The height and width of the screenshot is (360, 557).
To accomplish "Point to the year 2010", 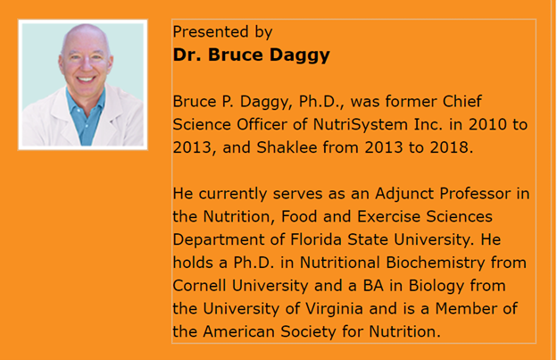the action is tap(487, 124).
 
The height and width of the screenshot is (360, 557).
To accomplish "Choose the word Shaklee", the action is tap(287, 147).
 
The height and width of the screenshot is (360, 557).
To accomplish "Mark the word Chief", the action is tap(462, 101).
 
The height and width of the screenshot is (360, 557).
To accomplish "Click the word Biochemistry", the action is tap(436, 263).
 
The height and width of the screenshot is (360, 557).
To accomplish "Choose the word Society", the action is tap(308, 332).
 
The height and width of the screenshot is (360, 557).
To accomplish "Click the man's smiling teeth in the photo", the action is tap(86, 80).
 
